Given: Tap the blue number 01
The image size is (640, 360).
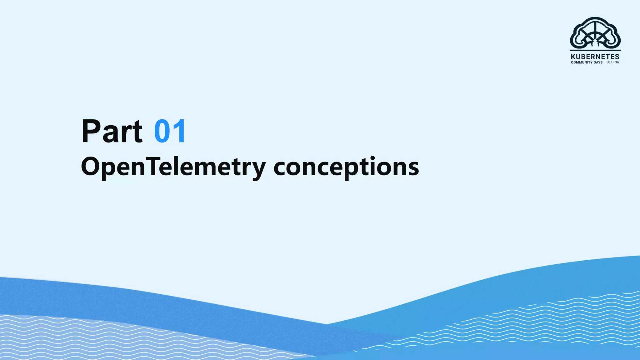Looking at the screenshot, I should [x=170, y=131].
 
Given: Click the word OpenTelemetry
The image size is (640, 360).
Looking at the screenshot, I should [x=173, y=167].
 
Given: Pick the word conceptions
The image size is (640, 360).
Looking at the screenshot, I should [x=346, y=167].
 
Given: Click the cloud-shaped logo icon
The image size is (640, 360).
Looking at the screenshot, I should [x=595, y=33].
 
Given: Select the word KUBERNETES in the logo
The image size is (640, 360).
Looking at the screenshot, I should [x=595, y=57].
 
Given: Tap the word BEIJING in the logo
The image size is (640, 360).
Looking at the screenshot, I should [x=613, y=62].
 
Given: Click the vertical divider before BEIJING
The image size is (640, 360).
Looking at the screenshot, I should [x=605, y=62].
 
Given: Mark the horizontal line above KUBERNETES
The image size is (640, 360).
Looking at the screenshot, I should [x=595, y=50].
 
